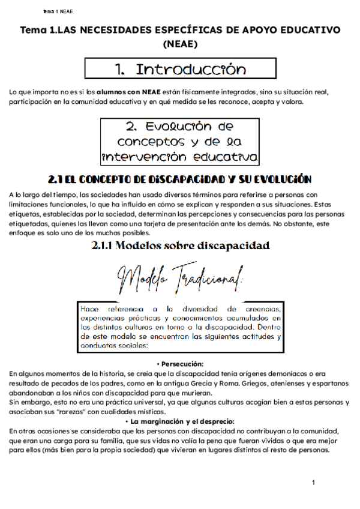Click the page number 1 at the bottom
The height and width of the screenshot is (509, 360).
click(313, 483)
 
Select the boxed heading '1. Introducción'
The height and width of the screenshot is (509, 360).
click(179, 69)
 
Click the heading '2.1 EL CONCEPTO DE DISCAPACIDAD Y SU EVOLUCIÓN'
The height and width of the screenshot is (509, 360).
click(180, 179)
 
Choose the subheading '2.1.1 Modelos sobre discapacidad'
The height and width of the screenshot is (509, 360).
click(180, 245)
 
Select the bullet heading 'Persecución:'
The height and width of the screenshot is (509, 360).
click(181, 364)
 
